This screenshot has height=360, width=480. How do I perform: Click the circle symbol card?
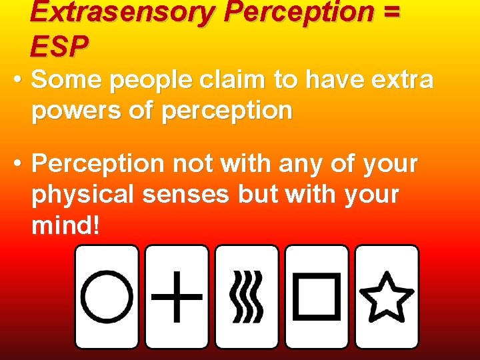pyautogui.click(x=107, y=297)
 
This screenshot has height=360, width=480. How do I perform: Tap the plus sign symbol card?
pyautogui.click(x=177, y=297)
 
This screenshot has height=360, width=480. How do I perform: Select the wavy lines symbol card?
pyautogui.click(x=247, y=297)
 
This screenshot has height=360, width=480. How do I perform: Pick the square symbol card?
pyautogui.click(x=317, y=297)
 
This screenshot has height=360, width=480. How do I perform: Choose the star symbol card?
pyautogui.click(x=387, y=297)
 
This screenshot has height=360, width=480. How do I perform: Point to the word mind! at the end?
pyautogui.click(x=65, y=225)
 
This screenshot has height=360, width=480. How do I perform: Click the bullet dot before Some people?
pyautogui.click(x=18, y=81)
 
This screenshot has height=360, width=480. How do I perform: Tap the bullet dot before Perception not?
pyautogui.click(x=18, y=163)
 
